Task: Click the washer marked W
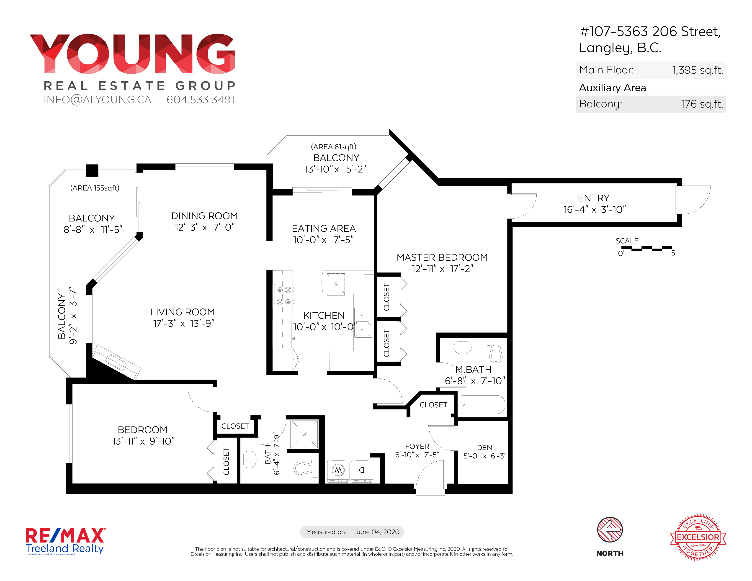click(x=338, y=471)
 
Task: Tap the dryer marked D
click(x=362, y=471)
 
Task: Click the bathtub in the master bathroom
click(x=483, y=404)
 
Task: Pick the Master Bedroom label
click(x=442, y=257)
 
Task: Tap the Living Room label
click(x=183, y=312)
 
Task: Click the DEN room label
click(x=484, y=447)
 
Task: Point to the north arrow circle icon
click(x=610, y=530)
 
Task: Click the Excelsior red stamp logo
click(x=698, y=537)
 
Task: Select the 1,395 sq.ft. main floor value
click(x=698, y=70)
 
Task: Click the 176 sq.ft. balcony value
click(x=702, y=104)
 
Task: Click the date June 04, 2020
click(x=377, y=532)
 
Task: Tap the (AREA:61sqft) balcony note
click(x=334, y=147)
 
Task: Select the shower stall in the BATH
click(x=304, y=434)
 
